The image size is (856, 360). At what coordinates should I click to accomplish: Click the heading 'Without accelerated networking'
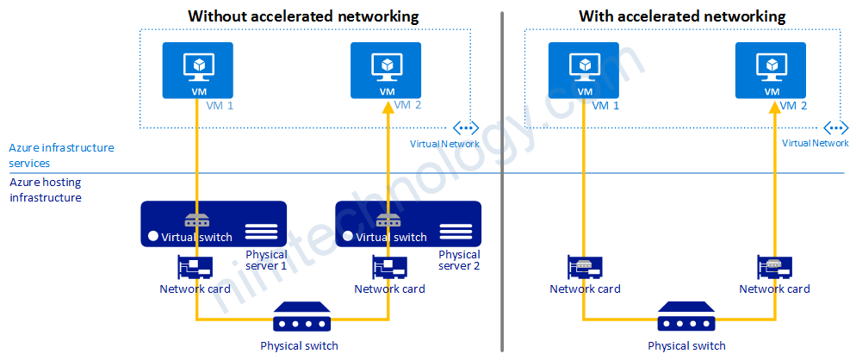[x=303, y=16]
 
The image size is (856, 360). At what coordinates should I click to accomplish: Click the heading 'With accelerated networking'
[x=682, y=16]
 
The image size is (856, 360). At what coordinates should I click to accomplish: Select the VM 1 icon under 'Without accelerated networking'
[x=199, y=70]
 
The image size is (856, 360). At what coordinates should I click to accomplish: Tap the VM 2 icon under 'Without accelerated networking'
[x=387, y=70]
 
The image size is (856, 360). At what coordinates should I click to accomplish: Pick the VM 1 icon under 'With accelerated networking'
[x=585, y=70]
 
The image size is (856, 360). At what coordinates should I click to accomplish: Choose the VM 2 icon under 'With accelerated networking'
[x=771, y=70]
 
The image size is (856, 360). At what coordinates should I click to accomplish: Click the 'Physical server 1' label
[x=266, y=260]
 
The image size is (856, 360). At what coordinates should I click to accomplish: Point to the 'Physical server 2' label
[x=459, y=260]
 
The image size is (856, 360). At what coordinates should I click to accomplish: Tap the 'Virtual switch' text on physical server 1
[x=197, y=237]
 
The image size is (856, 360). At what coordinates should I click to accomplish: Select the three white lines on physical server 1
[x=261, y=232]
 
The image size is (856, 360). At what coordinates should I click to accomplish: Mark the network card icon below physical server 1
[x=195, y=268]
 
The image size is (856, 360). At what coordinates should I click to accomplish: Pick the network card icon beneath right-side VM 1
[x=584, y=268]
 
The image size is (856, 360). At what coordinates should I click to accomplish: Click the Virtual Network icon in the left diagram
[x=465, y=127]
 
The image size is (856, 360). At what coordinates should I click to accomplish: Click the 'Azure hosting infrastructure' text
[x=48, y=189]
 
